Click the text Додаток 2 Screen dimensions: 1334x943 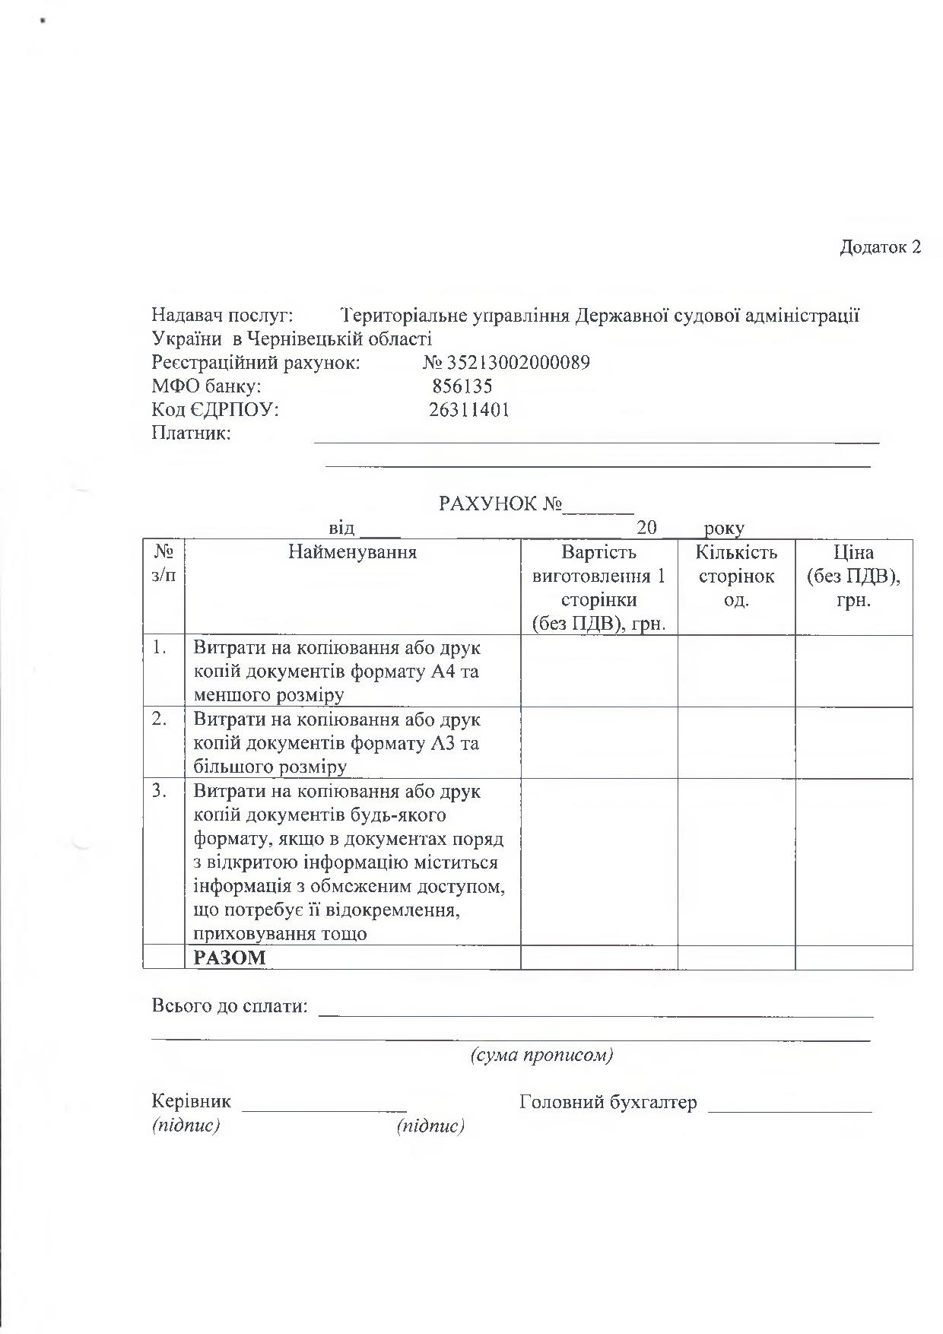(x=880, y=247)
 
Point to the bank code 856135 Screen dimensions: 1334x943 (x=462, y=386)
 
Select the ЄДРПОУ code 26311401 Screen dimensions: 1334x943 (x=469, y=410)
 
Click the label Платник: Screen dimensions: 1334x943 (x=191, y=434)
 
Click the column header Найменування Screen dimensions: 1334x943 (x=352, y=552)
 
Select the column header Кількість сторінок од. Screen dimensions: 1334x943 (x=736, y=576)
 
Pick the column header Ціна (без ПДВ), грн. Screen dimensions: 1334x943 (x=853, y=576)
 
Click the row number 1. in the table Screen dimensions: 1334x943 (x=160, y=648)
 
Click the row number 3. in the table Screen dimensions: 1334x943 (x=160, y=791)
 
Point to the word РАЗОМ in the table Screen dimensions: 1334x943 (x=230, y=957)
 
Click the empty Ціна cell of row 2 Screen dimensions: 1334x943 (x=853, y=743)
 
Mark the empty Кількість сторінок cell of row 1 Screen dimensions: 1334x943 (x=736, y=671)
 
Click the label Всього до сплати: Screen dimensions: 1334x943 (x=230, y=1006)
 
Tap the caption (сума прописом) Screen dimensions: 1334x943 (x=541, y=1055)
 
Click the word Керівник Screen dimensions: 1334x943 (x=191, y=1101)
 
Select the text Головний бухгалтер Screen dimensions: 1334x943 (x=608, y=1101)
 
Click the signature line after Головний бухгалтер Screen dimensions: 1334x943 (x=789, y=1109)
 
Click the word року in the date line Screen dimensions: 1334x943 (x=724, y=528)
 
